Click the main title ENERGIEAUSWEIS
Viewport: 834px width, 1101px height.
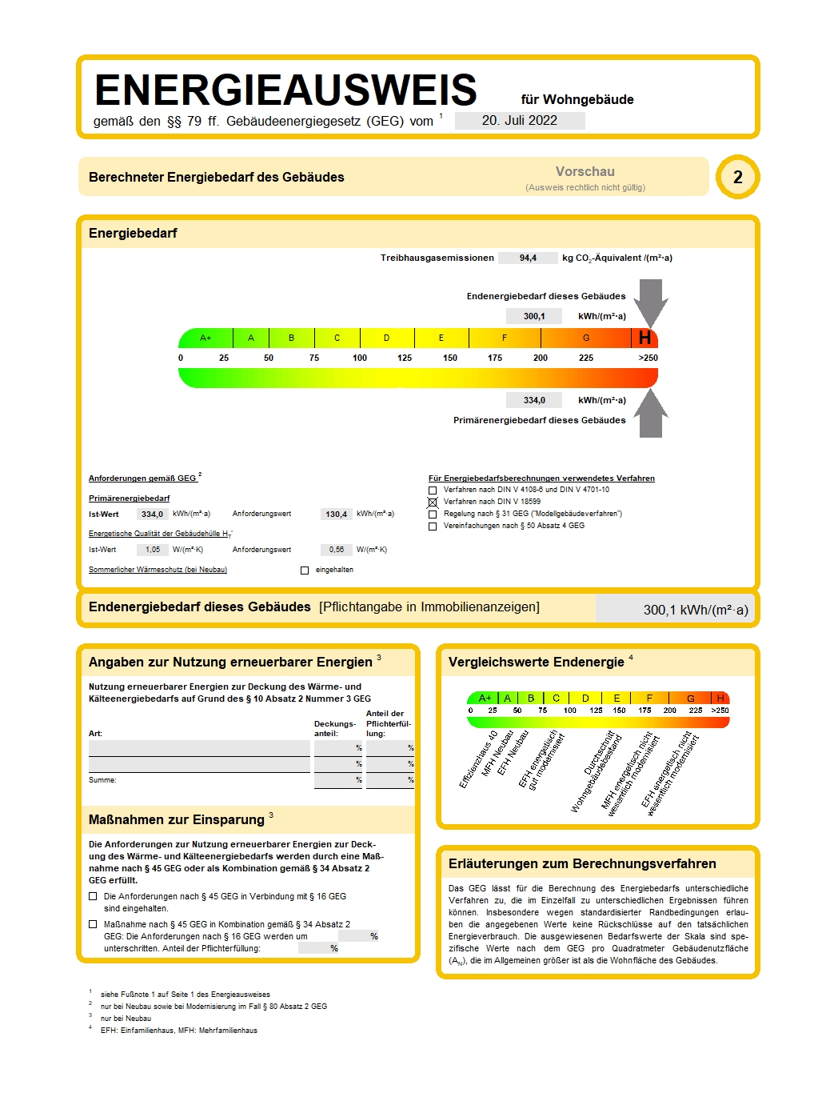(x=285, y=90)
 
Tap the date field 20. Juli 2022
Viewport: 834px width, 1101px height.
(x=520, y=121)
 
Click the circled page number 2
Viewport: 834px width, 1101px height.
(x=737, y=177)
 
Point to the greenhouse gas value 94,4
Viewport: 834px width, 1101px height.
(x=528, y=258)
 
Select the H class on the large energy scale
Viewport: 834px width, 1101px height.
(x=644, y=338)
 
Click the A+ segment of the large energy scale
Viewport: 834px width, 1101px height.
(x=206, y=338)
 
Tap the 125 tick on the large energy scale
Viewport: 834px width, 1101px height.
(x=405, y=358)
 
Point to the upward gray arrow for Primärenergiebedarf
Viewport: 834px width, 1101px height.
(x=651, y=414)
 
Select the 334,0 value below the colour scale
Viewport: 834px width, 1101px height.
(x=534, y=400)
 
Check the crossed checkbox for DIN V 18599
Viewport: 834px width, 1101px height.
(x=433, y=502)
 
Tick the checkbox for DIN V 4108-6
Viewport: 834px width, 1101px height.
(x=433, y=490)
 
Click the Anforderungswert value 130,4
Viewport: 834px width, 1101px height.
(x=336, y=514)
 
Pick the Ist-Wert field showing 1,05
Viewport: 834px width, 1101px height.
(x=153, y=550)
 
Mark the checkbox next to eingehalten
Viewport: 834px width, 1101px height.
(x=304, y=571)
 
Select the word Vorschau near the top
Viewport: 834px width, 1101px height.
(x=585, y=172)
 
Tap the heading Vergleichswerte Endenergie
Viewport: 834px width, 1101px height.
(x=536, y=663)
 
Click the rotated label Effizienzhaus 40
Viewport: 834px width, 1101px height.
(x=479, y=759)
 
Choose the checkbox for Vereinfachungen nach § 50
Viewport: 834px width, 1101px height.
(x=433, y=526)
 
